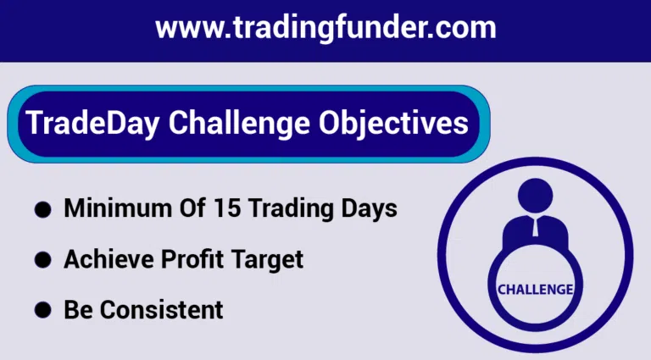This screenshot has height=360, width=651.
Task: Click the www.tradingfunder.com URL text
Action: coord(325,28)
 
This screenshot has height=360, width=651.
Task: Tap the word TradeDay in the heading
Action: coord(93,124)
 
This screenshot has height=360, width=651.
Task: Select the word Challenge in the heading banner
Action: coord(239,124)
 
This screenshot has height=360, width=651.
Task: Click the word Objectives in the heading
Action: coord(393,124)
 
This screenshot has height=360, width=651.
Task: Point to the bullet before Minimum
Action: coord(42,209)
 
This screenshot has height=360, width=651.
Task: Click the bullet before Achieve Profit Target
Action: coord(42,260)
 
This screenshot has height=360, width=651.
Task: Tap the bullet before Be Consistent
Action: coord(42,310)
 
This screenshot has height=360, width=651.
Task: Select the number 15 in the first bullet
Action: coord(227,208)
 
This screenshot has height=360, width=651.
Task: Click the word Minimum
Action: coord(118,208)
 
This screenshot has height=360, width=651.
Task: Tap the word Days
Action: coord(369,208)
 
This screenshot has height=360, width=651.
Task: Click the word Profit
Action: coord(192,259)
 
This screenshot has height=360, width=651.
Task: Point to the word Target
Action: coord(267,260)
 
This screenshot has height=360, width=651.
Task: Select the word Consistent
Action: coord(162,310)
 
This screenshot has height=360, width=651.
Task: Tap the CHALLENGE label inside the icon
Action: coord(536,290)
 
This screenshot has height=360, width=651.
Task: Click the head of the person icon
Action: coord(536,196)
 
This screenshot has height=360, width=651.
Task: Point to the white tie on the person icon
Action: coord(536,226)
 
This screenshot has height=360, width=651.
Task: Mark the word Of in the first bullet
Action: coord(192,208)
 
